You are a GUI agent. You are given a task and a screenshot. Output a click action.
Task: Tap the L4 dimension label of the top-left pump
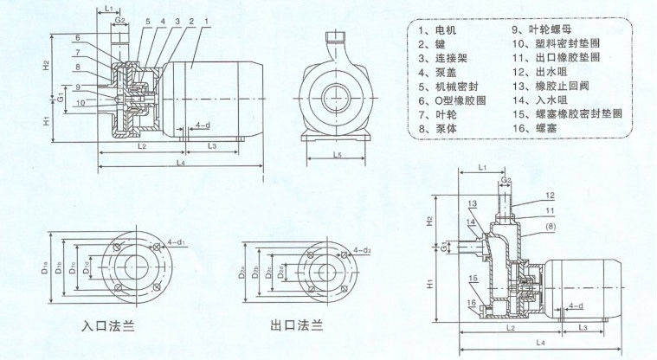point(179,162)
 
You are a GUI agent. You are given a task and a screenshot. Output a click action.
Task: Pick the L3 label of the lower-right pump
point(583,327)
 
